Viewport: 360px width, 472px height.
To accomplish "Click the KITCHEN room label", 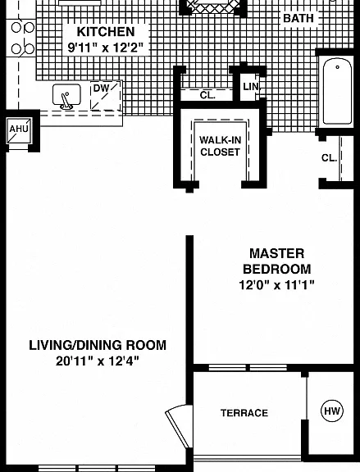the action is (106, 32).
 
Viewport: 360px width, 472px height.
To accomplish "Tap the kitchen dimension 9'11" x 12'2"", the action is (105, 48).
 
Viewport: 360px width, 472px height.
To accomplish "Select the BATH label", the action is (298, 18).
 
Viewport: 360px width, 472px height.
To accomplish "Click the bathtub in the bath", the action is (337, 91).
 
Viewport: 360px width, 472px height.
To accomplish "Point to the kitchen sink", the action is (66, 95).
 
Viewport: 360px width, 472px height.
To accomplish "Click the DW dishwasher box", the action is (106, 96).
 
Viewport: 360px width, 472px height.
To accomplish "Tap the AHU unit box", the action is (19, 129).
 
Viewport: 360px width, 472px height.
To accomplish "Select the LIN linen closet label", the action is (251, 87).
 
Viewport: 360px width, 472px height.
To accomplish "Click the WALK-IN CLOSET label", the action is (221, 146).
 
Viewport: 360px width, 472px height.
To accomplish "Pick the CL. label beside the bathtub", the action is (329, 157).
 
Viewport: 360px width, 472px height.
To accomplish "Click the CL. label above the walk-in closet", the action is (207, 95).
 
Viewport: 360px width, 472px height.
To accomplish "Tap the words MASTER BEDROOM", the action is (277, 261).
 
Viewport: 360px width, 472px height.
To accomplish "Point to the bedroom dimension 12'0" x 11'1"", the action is (276, 284).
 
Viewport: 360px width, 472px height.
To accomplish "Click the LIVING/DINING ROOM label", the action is (98, 345).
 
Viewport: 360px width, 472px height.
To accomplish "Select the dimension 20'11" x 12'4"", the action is (98, 361).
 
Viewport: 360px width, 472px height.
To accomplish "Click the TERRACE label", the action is (244, 413).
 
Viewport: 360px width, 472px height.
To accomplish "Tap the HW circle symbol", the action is (332, 411).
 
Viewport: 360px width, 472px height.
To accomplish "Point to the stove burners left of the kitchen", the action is (22, 38).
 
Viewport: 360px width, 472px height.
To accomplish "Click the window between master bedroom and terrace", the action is (248, 368).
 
